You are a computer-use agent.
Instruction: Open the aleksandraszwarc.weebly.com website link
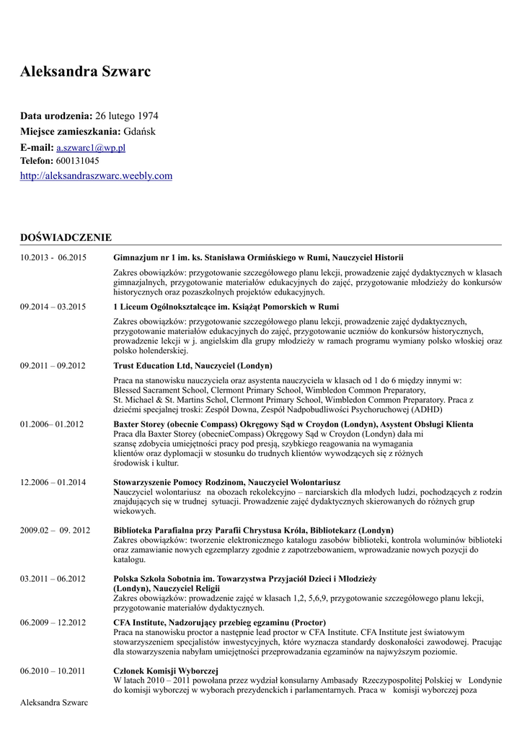click(96, 175)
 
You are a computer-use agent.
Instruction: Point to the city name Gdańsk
click(139, 131)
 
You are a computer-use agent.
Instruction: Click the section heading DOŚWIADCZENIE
click(66, 237)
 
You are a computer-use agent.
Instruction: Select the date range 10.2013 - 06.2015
click(53, 258)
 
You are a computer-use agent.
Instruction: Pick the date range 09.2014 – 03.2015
click(53, 307)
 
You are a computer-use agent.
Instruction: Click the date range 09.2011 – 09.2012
click(53, 366)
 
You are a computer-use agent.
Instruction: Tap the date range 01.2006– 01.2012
click(52, 424)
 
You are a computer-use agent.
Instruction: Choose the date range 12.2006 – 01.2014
click(53, 482)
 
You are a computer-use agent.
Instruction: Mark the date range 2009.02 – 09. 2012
click(55, 530)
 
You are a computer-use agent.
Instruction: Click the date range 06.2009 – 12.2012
click(53, 623)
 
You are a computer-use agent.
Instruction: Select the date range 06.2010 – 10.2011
click(53, 671)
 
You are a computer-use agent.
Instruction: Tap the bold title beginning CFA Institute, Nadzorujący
click(219, 623)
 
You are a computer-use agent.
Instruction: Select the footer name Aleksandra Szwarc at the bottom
click(54, 703)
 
